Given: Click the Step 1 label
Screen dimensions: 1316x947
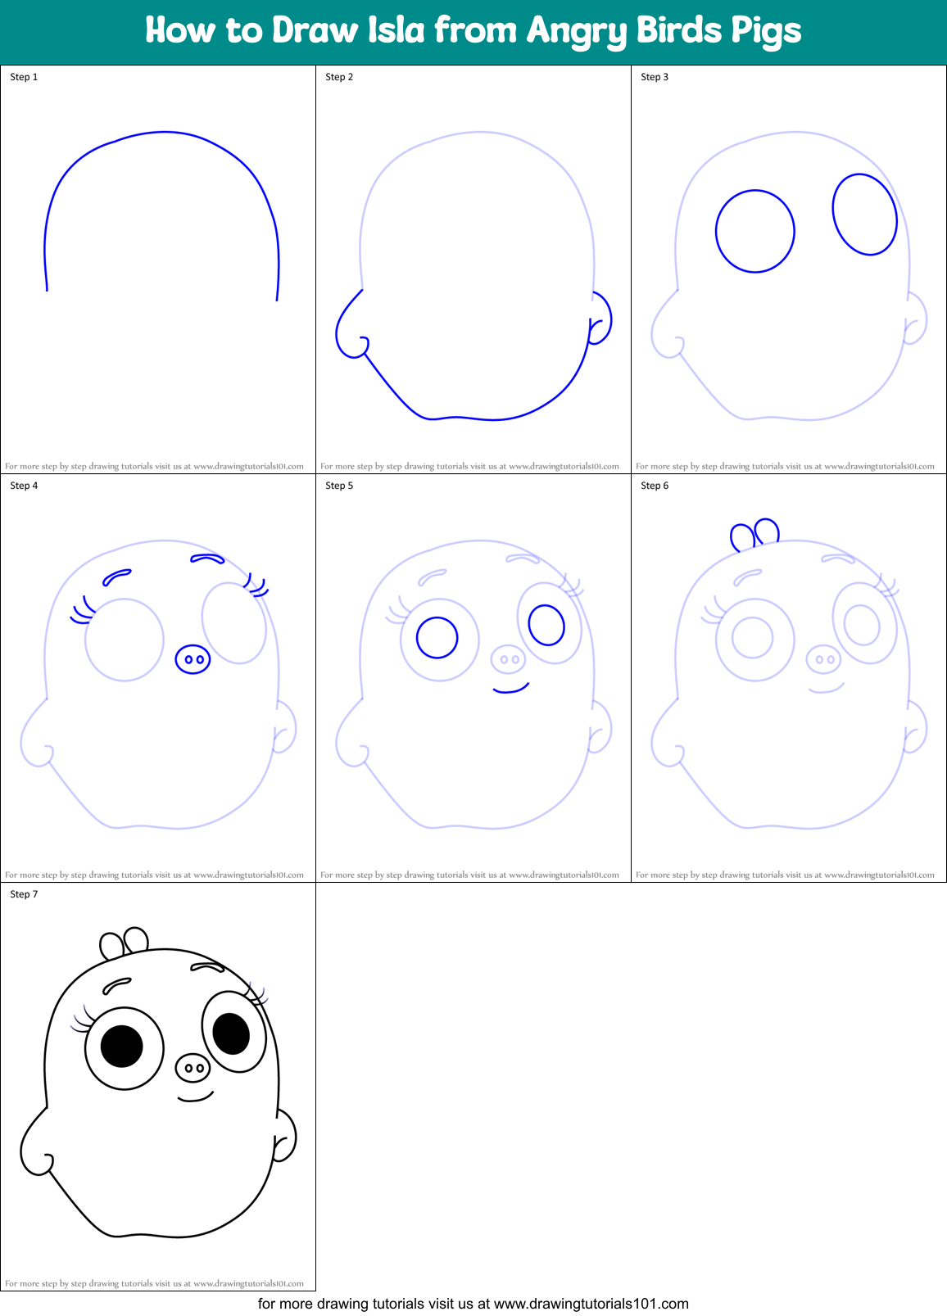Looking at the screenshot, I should tap(24, 77).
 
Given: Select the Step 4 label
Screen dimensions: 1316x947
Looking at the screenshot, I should tap(24, 486).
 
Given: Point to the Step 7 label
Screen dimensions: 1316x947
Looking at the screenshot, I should tap(24, 894).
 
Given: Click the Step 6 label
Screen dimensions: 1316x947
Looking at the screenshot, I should tap(655, 486).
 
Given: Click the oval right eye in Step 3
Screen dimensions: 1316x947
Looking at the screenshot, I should tap(864, 215).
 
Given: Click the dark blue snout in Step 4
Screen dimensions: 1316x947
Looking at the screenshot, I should tap(193, 659).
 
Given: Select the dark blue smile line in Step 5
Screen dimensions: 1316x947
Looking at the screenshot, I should tap(511, 690).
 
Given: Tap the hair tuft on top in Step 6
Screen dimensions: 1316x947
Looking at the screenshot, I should tap(755, 534).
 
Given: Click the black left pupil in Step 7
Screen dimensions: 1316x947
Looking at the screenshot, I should tap(122, 1046).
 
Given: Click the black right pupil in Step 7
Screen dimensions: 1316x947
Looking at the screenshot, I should tap(231, 1033).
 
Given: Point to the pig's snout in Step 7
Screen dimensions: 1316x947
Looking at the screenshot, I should tap(193, 1068).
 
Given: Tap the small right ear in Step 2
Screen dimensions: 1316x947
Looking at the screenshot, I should tap(600, 319).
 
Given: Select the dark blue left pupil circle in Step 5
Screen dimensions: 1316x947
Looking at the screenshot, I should tap(437, 638).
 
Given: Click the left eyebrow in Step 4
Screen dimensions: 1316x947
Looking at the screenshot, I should tap(116, 577).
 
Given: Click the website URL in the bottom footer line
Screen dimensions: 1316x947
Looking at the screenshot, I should tap(591, 1304).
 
